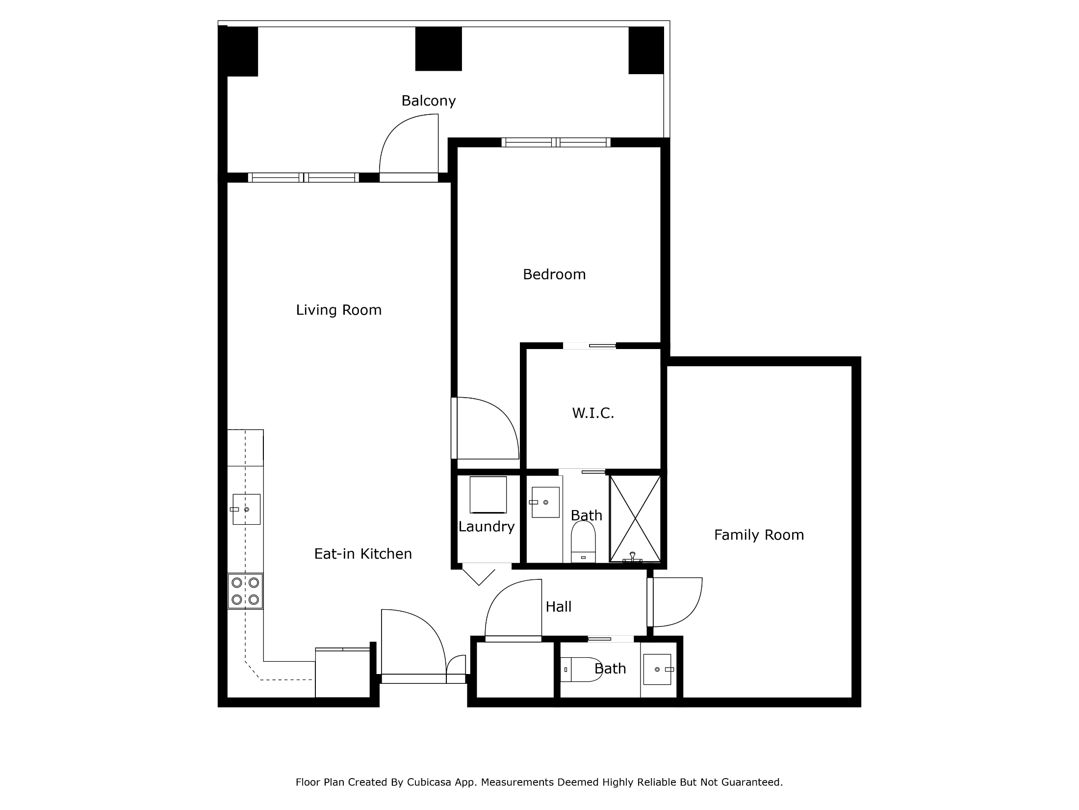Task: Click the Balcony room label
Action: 429,101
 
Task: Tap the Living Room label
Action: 339,310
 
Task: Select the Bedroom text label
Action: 554,274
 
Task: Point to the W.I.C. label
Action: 593,413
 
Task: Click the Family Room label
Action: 759,535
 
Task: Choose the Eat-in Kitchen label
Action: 363,553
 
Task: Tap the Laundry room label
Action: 487,527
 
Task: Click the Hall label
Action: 559,607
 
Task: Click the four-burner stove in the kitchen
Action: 245,591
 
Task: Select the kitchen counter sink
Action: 246,509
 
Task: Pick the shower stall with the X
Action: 635,518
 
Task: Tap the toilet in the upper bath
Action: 583,541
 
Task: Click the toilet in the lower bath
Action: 581,670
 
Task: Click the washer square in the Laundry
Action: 488,495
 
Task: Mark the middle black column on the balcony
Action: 438,49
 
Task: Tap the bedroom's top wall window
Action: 556,142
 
